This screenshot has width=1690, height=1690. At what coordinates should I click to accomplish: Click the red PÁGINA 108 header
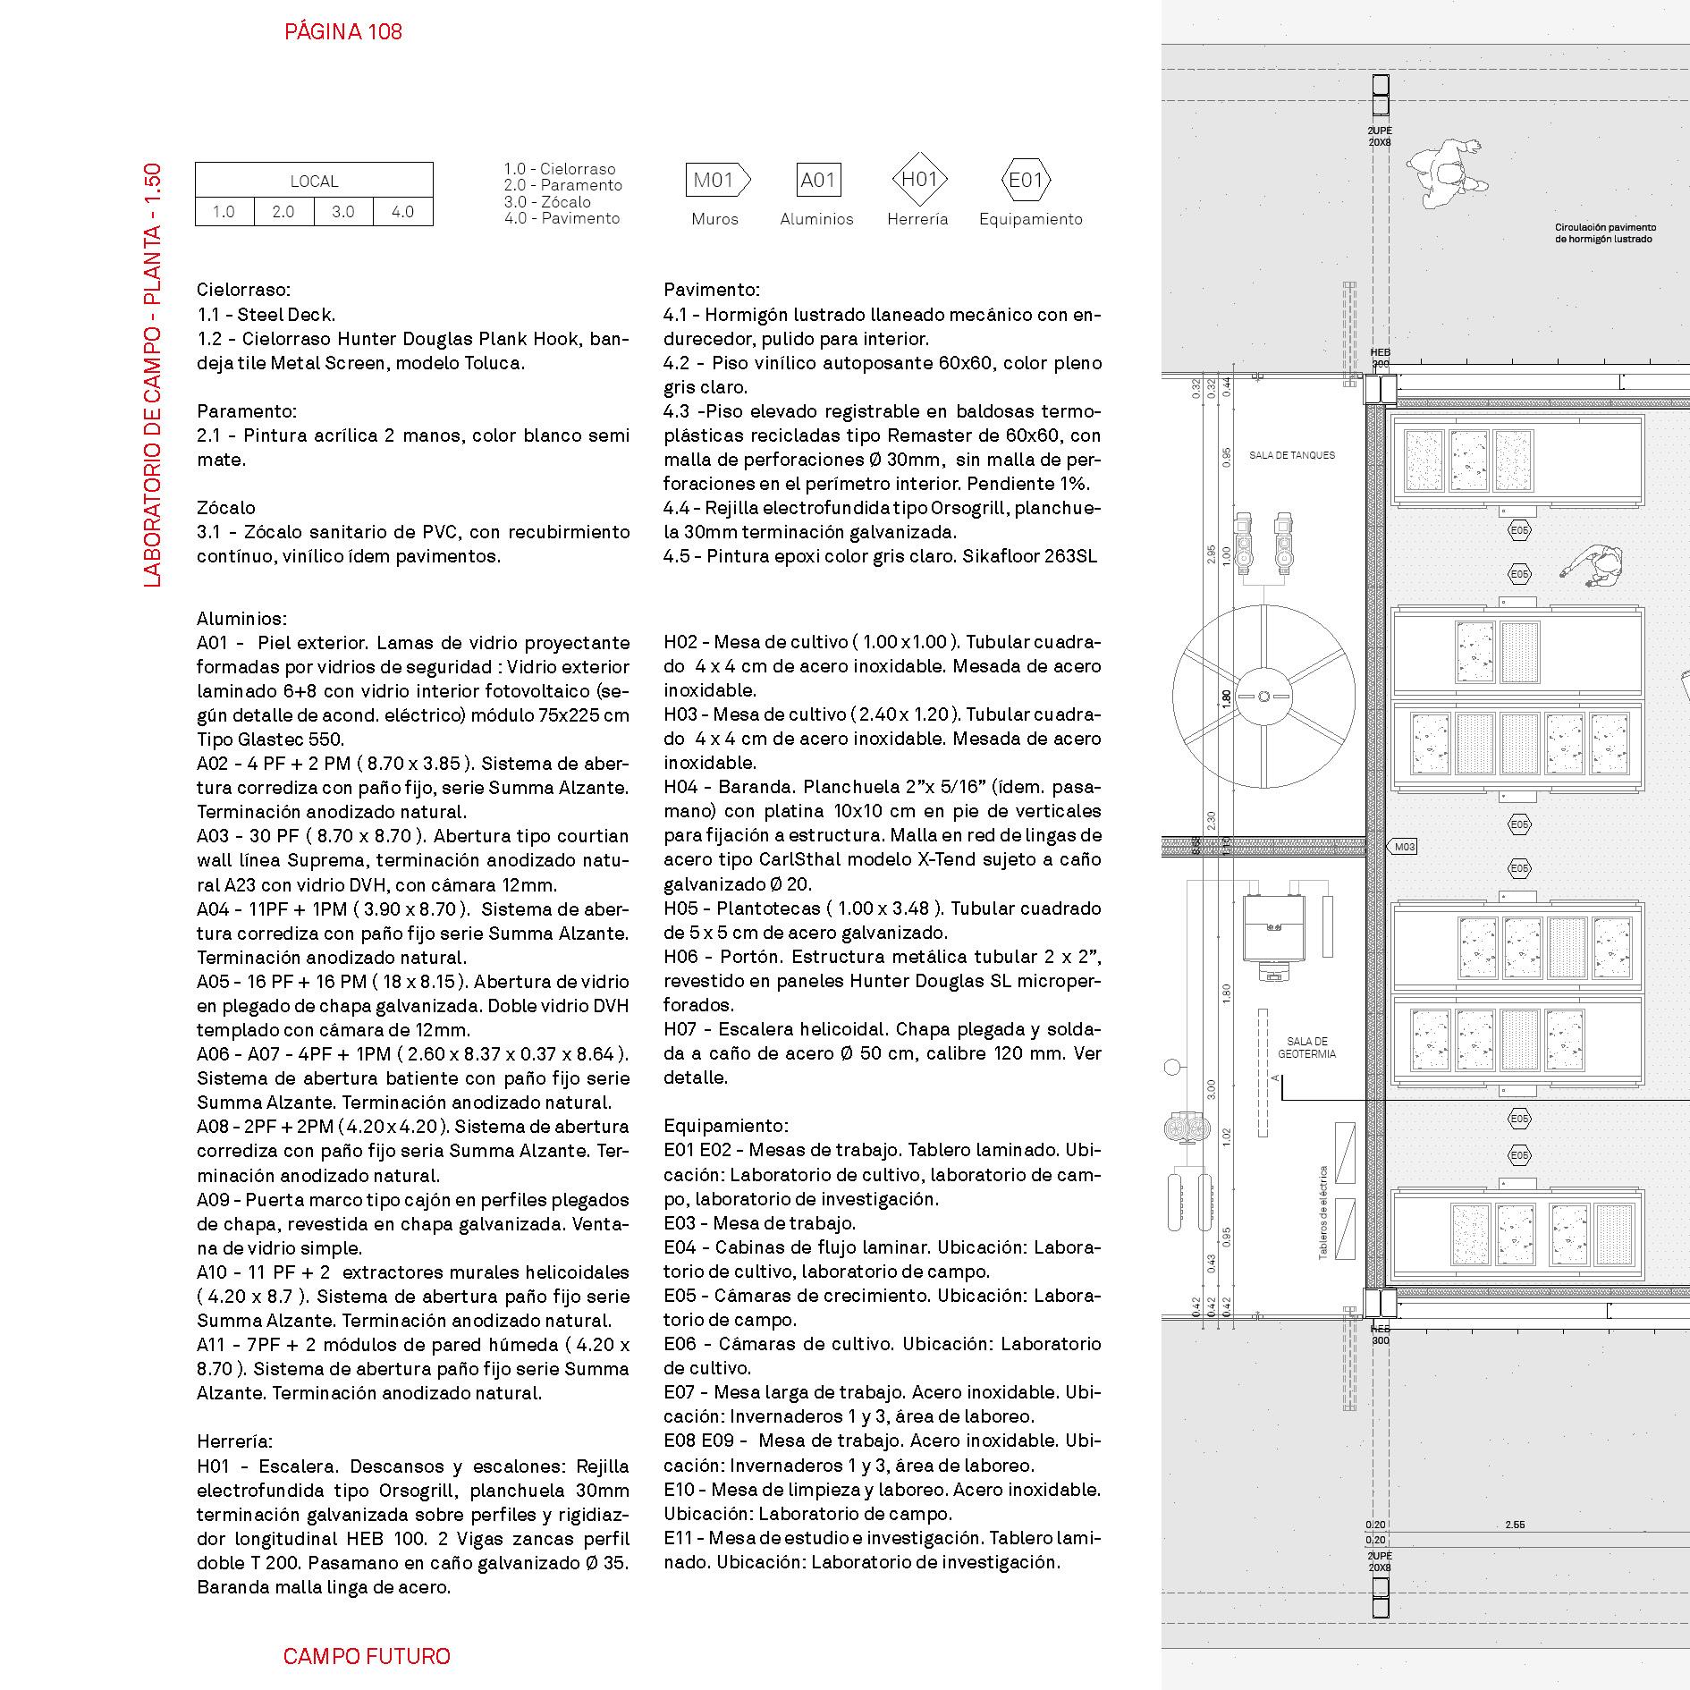343,32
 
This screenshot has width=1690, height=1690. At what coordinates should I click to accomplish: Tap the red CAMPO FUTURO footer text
367,1656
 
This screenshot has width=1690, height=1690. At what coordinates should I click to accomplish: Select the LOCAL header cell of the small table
314,181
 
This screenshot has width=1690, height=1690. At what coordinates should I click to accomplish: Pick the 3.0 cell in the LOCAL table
343,212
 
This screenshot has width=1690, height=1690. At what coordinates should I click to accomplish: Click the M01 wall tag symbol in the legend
716,181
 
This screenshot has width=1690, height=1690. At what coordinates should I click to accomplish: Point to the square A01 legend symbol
817,181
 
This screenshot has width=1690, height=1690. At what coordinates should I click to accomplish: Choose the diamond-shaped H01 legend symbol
918,180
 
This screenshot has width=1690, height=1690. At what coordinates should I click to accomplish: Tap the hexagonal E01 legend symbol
1026,181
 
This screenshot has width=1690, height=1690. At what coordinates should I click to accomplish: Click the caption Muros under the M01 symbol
714,219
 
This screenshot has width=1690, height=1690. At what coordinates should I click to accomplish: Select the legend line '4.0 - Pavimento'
562,218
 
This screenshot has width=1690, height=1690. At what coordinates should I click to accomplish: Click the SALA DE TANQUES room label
1291,455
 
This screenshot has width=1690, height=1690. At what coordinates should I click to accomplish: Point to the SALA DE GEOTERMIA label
1306,1048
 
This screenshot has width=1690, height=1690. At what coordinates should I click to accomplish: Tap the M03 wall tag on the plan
1404,847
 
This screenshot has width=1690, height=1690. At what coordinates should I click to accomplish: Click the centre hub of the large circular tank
1263,697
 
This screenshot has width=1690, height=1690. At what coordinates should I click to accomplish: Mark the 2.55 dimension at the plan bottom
1515,1525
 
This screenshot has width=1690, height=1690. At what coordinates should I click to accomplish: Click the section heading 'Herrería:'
234,1441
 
